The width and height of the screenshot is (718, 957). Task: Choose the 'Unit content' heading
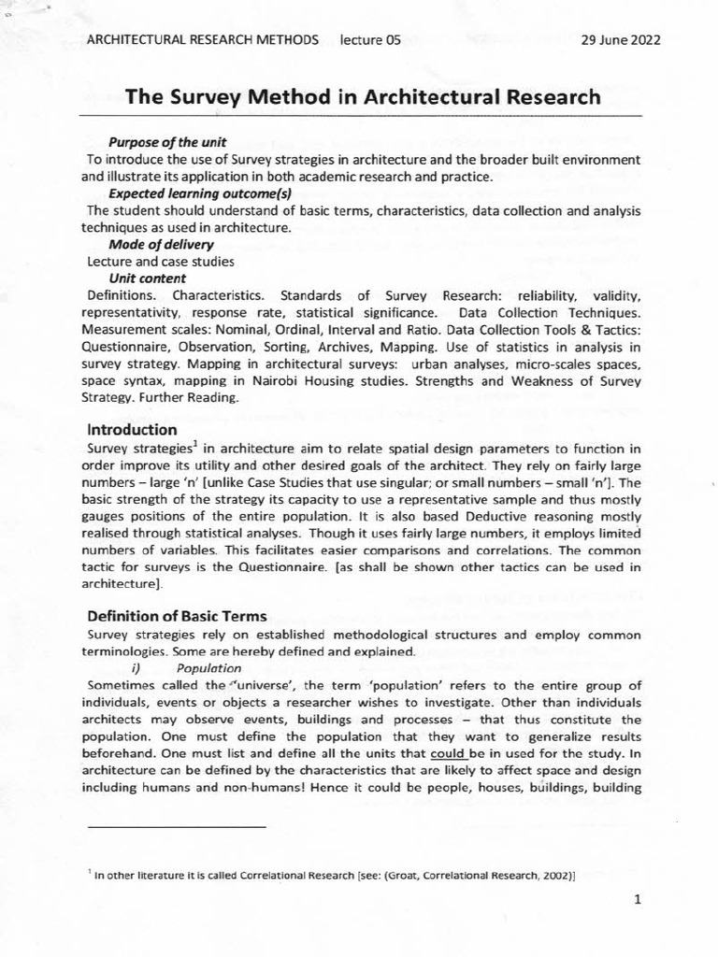click(147, 279)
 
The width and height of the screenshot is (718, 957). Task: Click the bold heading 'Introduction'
click(132, 430)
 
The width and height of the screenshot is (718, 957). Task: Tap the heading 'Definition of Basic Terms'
click(177, 616)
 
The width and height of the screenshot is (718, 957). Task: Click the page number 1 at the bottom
click(637, 900)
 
